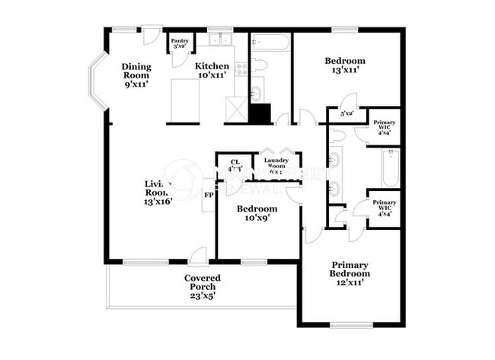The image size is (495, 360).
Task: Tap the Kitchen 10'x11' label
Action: tap(212, 71)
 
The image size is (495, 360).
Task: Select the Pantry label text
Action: tap(180, 44)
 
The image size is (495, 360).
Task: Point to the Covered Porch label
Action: tap(203, 286)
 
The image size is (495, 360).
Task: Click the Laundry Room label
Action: tap(275, 164)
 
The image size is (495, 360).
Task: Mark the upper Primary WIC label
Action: tap(382, 127)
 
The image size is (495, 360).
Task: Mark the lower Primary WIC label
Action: tap(382, 208)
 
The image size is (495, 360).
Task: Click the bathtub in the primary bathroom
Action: tap(389, 168)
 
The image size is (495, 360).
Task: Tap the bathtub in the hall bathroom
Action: tap(270, 41)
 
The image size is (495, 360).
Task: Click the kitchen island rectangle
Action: tap(184, 100)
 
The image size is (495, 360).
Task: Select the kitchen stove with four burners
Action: tap(241, 68)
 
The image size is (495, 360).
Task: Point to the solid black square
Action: tap(260, 113)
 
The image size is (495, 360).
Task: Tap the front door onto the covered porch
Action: tap(198, 256)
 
